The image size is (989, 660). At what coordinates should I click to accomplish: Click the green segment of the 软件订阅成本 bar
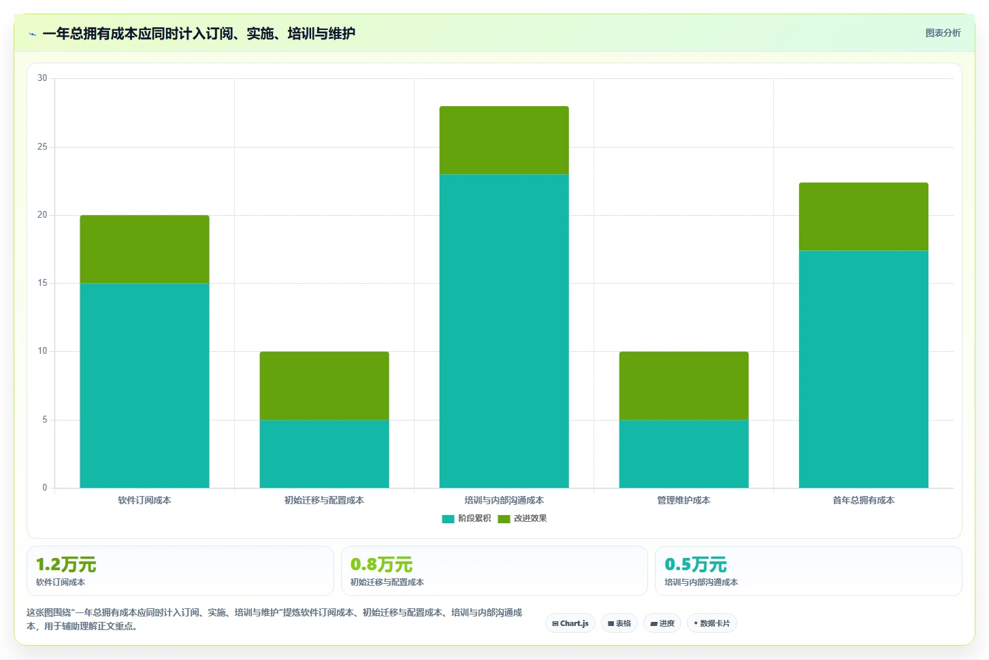[144, 249]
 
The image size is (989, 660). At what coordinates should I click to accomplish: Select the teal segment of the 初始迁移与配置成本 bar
[324, 454]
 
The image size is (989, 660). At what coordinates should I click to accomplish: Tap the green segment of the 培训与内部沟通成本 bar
[504, 140]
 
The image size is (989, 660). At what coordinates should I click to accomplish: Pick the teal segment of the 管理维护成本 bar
[683, 454]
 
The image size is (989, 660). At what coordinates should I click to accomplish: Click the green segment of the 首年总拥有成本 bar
[863, 217]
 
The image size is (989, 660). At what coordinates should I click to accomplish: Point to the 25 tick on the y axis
[42, 146]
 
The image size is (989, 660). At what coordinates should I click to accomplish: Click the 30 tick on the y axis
[42, 78]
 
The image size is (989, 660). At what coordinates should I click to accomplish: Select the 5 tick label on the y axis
[45, 419]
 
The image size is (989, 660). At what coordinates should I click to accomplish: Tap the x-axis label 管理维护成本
[683, 500]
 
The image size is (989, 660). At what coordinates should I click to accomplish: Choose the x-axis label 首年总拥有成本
[863, 500]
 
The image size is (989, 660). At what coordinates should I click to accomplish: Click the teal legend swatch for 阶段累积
[448, 518]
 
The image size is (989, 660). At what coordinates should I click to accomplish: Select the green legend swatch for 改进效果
[504, 518]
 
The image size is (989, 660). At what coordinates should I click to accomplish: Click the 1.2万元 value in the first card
[66, 564]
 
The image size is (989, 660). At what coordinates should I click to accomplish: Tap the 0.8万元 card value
[381, 564]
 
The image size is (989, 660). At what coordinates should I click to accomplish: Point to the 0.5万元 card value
[696, 564]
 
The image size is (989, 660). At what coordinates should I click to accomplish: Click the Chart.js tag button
[570, 623]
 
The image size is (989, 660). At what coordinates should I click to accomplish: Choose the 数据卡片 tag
[711, 623]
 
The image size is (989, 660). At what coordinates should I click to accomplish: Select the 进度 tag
[662, 623]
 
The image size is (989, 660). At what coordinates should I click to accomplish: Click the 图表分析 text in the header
[943, 33]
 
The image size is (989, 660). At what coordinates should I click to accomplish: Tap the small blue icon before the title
[32, 34]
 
